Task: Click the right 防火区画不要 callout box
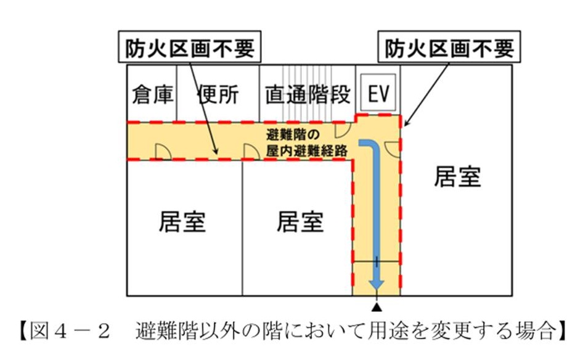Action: coord(449,48)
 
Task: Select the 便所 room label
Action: coord(218,95)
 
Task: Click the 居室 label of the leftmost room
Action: coord(182,221)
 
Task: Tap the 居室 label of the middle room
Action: coord(300,221)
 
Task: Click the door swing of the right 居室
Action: coord(391,147)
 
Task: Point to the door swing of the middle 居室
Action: coord(251,151)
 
